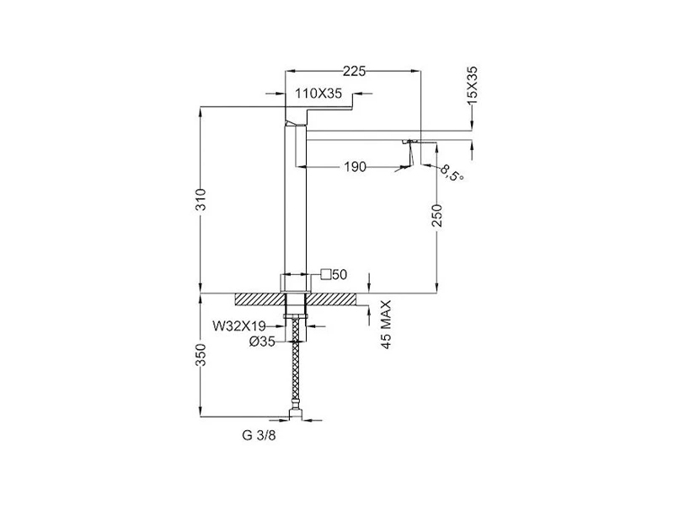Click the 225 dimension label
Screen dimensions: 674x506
(x=355, y=71)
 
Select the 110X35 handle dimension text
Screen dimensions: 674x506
(x=318, y=93)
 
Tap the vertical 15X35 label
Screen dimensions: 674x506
(x=472, y=85)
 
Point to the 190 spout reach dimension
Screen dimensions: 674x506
(x=355, y=166)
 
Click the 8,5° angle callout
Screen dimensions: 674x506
(x=452, y=172)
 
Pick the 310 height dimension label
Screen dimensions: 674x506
(x=201, y=199)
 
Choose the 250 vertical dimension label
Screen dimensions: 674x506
(x=436, y=215)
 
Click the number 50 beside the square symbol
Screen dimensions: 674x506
(x=340, y=274)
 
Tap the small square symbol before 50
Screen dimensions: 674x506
(x=326, y=274)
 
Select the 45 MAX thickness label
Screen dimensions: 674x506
(x=386, y=325)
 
